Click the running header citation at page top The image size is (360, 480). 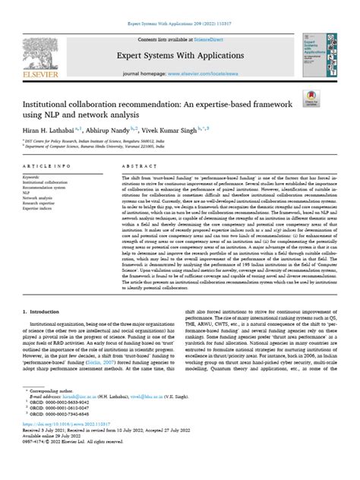(180, 5)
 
